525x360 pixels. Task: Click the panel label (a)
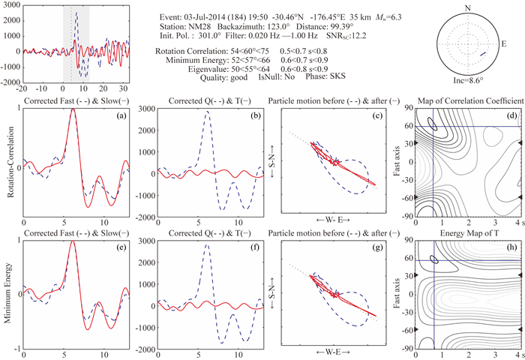point(108,115)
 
